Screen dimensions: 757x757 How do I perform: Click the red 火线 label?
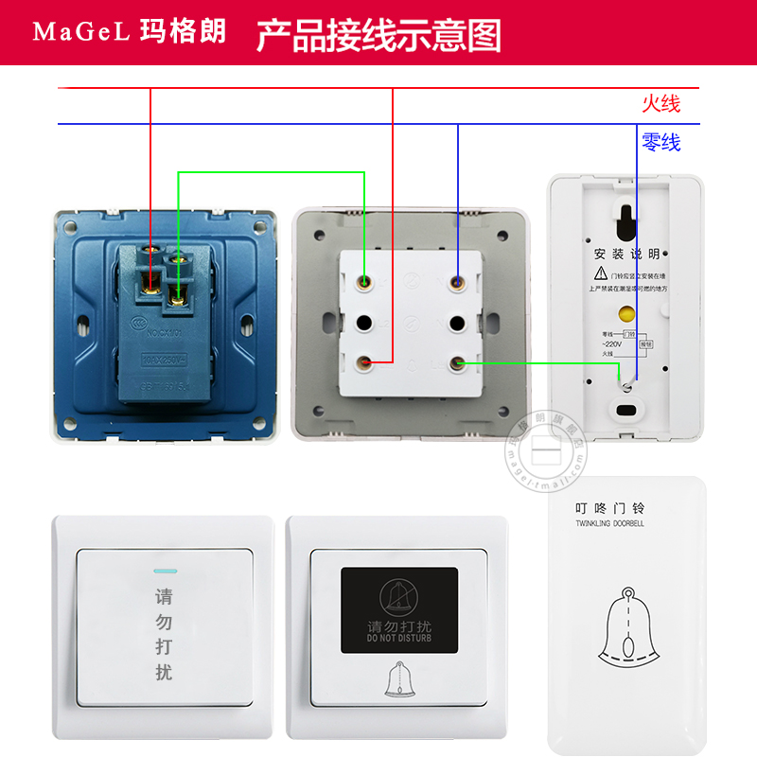660,103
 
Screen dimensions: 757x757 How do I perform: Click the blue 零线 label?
660,143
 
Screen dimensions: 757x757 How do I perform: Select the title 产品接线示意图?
378,34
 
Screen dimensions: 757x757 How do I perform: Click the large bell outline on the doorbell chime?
625,628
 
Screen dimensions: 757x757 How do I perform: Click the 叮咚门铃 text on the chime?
608,508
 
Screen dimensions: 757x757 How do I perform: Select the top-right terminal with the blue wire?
458,281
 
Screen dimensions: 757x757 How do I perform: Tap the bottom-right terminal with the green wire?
458,362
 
